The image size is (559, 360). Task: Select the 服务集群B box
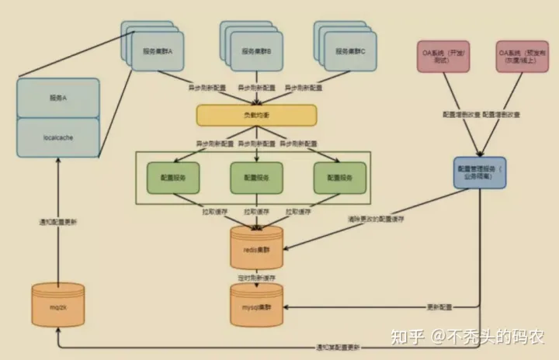tap(255, 50)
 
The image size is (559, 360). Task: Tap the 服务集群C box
tap(350, 50)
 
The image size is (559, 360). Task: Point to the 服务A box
tap(59, 99)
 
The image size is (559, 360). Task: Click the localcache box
tap(59, 137)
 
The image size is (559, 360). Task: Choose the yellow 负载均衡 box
tap(257, 115)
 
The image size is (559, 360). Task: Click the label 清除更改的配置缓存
tap(376, 220)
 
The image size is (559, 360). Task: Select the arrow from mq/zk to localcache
tap(59, 225)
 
